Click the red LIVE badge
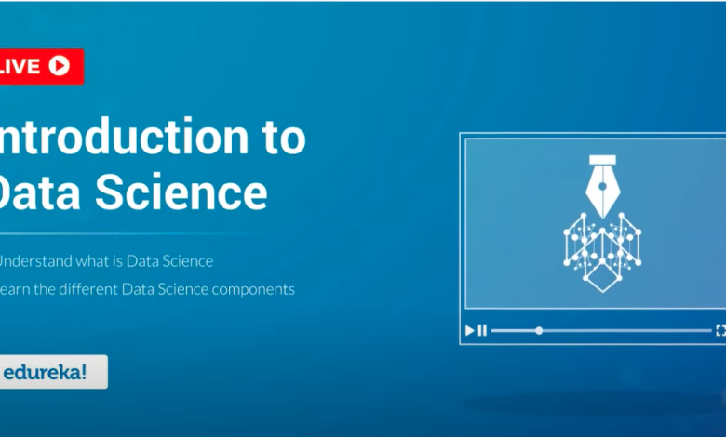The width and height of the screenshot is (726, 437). pos(41,66)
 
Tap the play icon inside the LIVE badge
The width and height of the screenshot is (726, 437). pos(60,65)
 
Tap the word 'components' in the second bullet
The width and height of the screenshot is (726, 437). pos(251,289)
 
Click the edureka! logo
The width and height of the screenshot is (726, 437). pos(52,372)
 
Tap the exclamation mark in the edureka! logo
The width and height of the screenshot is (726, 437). pos(85,372)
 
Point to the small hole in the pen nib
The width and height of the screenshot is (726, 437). pos(601,185)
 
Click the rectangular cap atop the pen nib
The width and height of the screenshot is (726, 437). pos(601,160)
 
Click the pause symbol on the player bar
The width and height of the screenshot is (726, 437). pos(481,330)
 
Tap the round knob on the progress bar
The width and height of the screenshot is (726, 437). pos(539,330)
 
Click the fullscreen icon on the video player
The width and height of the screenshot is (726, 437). pos(720,330)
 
